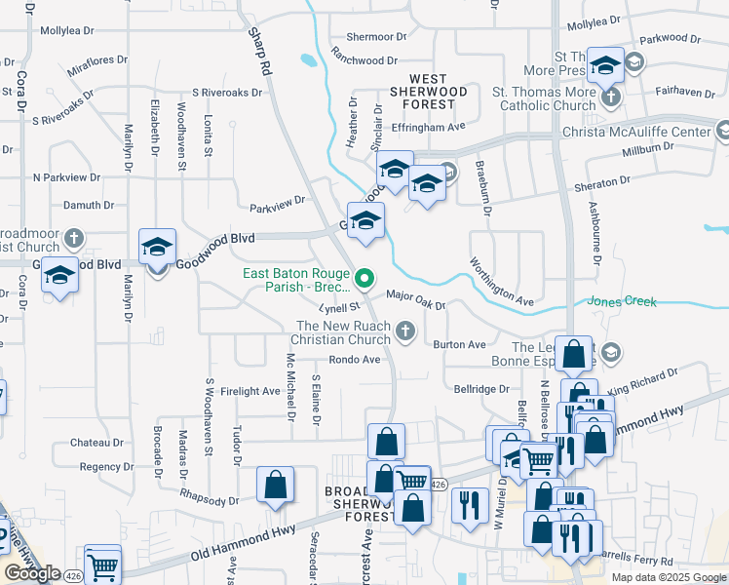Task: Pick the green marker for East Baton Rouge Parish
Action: point(364,280)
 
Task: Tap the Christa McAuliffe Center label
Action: point(636,132)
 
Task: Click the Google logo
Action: point(32,573)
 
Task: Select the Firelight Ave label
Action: point(251,391)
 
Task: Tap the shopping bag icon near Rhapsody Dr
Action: point(276,485)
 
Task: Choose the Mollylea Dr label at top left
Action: point(72,30)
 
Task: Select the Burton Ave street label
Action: point(460,345)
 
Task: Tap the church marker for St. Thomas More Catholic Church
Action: point(611,97)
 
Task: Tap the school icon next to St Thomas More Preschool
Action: point(605,65)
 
